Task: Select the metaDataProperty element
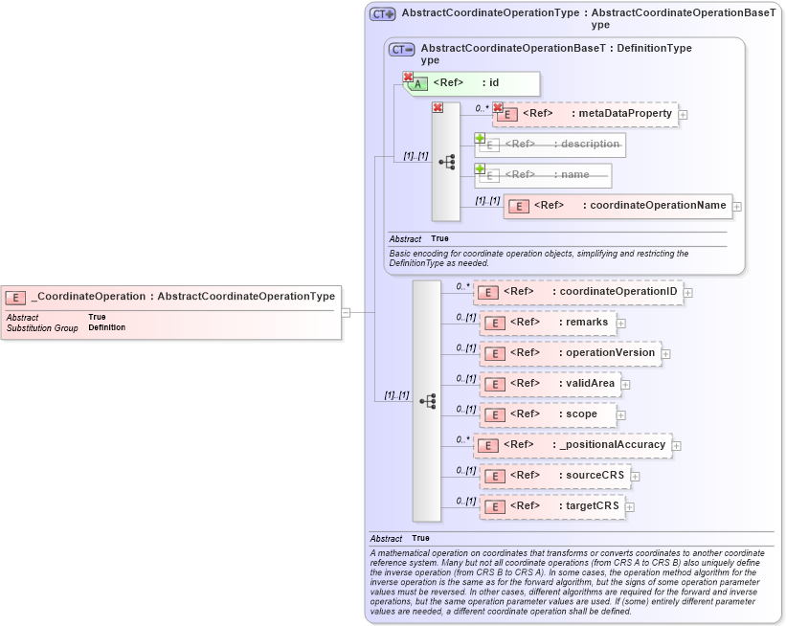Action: point(585,114)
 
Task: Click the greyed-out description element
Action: point(550,145)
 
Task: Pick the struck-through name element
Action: point(544,175)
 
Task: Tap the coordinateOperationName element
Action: point(618,206)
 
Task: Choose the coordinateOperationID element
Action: point(578,292)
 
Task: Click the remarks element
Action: point(548,323)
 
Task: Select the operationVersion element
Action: point(570,353)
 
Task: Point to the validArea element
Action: point(550,384)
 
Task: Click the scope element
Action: point(548,414)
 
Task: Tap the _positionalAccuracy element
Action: point(573,445)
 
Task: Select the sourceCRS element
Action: point(553,476)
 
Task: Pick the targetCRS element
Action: point(551,506)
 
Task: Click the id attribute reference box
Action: point(473,83)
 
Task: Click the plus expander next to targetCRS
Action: point(630,506)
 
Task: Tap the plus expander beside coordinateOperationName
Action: point(737,206)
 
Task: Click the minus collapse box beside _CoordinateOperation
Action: point(346,312)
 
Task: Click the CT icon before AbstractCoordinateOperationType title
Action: point(383,14)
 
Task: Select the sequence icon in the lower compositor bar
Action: point(427,400)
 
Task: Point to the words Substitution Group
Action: point(42,327)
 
